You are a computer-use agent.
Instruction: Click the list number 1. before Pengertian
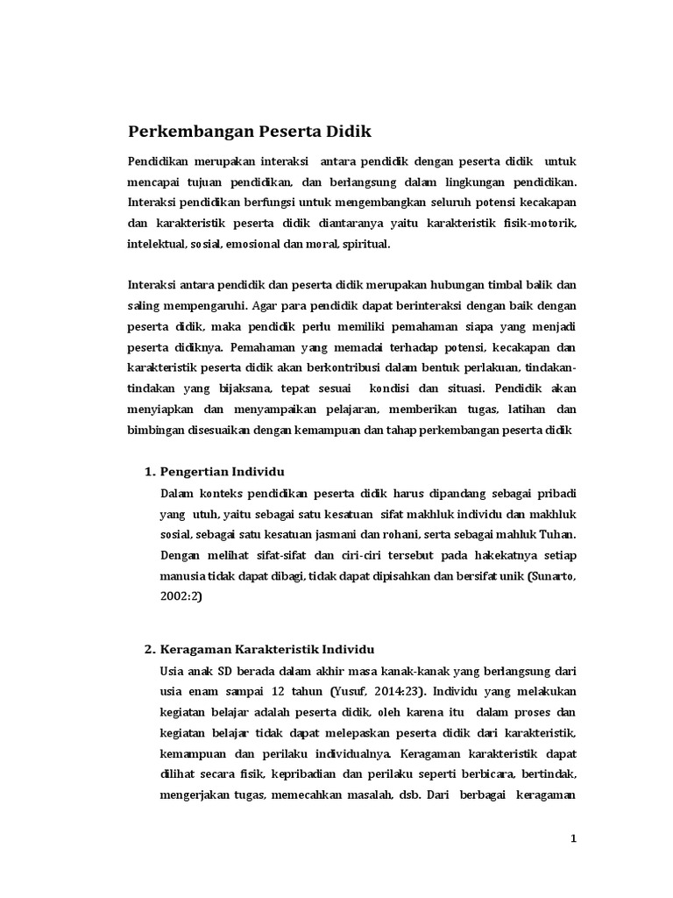click(x=149, y=473)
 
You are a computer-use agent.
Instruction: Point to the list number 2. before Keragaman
click(x=149, y=650)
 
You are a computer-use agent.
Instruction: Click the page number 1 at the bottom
click(x=575, y=837)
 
